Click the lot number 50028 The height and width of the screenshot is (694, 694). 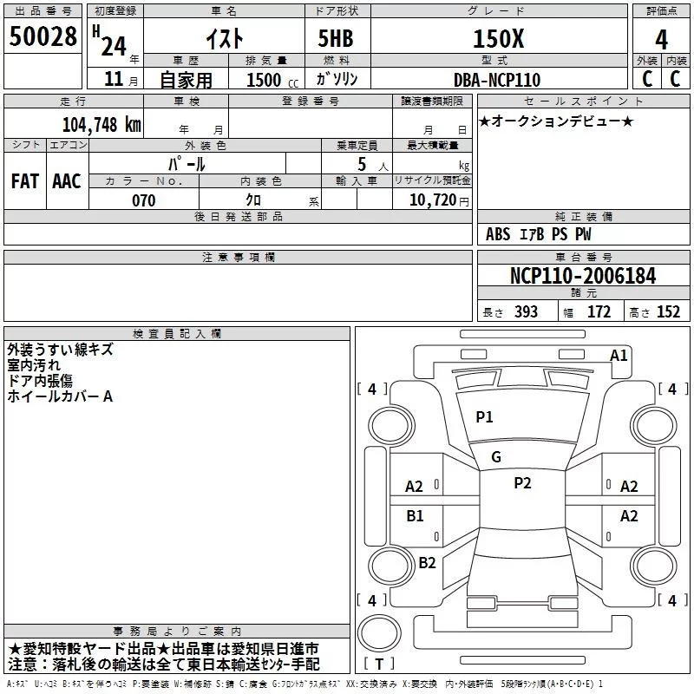click(43, 38)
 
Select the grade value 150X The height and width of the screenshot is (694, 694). click(498, 38)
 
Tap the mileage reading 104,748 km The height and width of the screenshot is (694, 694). click(101, 124)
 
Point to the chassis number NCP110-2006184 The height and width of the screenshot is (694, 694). click(583, 276)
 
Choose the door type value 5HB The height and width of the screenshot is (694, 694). click(336, 38)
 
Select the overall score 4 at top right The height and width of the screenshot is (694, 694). click(662, 39)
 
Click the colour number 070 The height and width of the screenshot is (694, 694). click(143, 201)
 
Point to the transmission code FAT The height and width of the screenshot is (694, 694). click(25, 181)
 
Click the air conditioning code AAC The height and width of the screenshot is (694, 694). click(67, 181)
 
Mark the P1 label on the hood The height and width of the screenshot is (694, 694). click(484, 417)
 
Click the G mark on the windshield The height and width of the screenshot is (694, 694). click(496, 457)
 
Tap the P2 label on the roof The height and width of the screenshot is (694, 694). click(522, 483)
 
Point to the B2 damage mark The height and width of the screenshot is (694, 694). click(427, 562)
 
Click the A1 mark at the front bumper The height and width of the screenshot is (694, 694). click(619, 355)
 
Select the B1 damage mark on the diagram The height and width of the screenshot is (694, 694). click(416, 516)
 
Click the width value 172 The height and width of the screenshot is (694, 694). click(599, 312)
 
